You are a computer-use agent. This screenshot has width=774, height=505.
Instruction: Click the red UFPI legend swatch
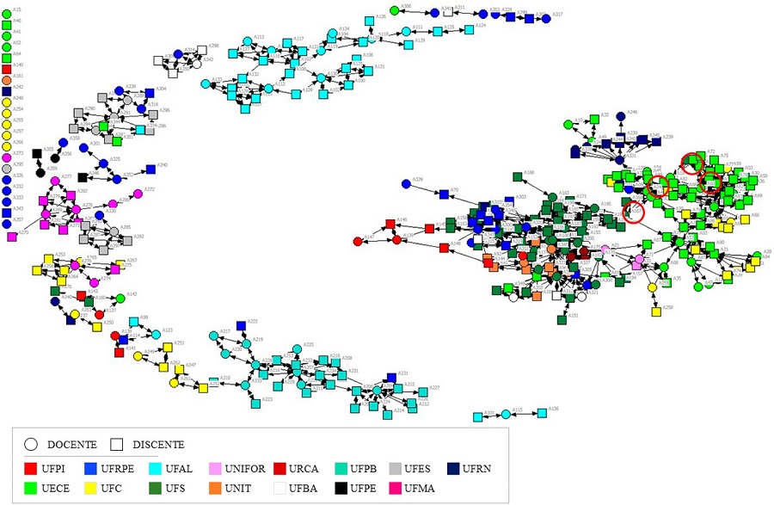click(x=31, y=469)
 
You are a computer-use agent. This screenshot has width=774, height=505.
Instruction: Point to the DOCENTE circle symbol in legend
click(x=31, y=444)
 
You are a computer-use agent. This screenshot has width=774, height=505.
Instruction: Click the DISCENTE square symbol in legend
click(x=117, y=444)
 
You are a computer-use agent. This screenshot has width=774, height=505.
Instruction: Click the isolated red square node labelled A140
click(x=7, y=65)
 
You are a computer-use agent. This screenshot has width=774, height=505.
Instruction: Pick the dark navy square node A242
click(x=7, y=90)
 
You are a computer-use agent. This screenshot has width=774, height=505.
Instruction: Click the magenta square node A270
click(x=12, y=237)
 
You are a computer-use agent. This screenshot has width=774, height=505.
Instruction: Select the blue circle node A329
click(x=405, y=183)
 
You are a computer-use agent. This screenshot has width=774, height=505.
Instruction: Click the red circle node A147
click(x=358, y=241)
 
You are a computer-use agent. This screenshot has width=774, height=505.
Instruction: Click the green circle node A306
click(x=394, y=10)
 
